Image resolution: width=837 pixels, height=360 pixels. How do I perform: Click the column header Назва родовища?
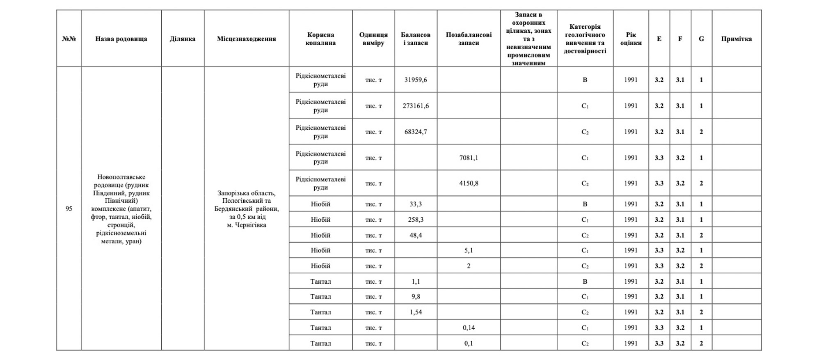(121, 39)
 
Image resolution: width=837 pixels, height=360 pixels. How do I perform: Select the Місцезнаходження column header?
(246, 39)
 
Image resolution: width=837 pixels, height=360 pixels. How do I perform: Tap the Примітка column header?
(736, 39)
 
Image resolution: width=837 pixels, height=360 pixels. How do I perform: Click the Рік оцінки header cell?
(631, 39)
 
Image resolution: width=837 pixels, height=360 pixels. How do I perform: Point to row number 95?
(69, 209)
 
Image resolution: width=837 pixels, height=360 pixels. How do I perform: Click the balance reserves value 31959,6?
(416, 80)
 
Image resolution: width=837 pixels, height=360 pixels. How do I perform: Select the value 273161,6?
(416, 106)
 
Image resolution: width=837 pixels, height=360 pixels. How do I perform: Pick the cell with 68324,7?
(416, 132)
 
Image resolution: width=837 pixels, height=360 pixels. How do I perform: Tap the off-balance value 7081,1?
(469, 158)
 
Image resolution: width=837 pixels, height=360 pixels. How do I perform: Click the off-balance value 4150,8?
(469, 183)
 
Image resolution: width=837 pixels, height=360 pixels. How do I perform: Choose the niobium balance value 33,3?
(416, 204)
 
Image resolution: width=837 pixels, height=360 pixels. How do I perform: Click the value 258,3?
(416, 220)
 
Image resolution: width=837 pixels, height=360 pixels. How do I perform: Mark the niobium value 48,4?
(416, 235)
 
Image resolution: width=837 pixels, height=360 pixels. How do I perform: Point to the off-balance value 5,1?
(469, 250)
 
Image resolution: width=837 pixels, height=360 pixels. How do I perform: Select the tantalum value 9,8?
(416, 296)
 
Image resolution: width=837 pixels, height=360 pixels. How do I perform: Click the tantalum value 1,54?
(416, 312)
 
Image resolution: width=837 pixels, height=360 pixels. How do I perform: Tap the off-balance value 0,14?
(469, 328)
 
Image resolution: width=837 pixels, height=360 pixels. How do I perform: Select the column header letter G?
(701, 39)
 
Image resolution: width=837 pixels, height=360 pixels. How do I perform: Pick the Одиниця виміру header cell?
(373, 39)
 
